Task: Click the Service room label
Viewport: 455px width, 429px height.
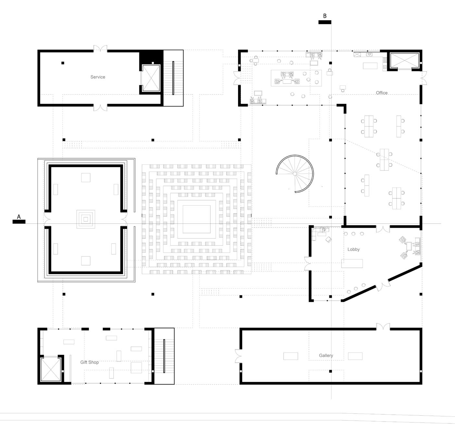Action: pos(98,77)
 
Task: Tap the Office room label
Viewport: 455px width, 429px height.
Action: pos(382,93)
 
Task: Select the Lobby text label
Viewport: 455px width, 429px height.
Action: pos(353,250)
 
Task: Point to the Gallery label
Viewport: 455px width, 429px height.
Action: pos(326,356)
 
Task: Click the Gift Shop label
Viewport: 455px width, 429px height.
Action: pos(89,362)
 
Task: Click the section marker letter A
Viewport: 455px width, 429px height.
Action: pos(19,217)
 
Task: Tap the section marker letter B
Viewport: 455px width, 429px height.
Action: pos(325,16)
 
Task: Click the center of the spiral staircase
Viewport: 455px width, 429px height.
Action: pos(295,174)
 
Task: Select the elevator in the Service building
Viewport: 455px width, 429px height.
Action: pos(151,78)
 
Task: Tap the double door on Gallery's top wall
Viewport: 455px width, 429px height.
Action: pos(383,327)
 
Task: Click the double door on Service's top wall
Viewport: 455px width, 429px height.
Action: pos(100,49)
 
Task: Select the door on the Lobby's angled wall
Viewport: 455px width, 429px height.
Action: pos(383,284)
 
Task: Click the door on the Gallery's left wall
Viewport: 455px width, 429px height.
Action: pos(238,356)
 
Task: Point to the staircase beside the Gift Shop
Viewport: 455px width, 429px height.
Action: pos(164,356)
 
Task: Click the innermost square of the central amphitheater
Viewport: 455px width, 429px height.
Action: pos(196,219)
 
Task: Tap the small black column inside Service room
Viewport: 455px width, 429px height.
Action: pos(63,63)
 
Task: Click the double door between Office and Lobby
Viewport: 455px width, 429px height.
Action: pos(383,228)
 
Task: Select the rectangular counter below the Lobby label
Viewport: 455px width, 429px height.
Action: pos(352,263)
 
